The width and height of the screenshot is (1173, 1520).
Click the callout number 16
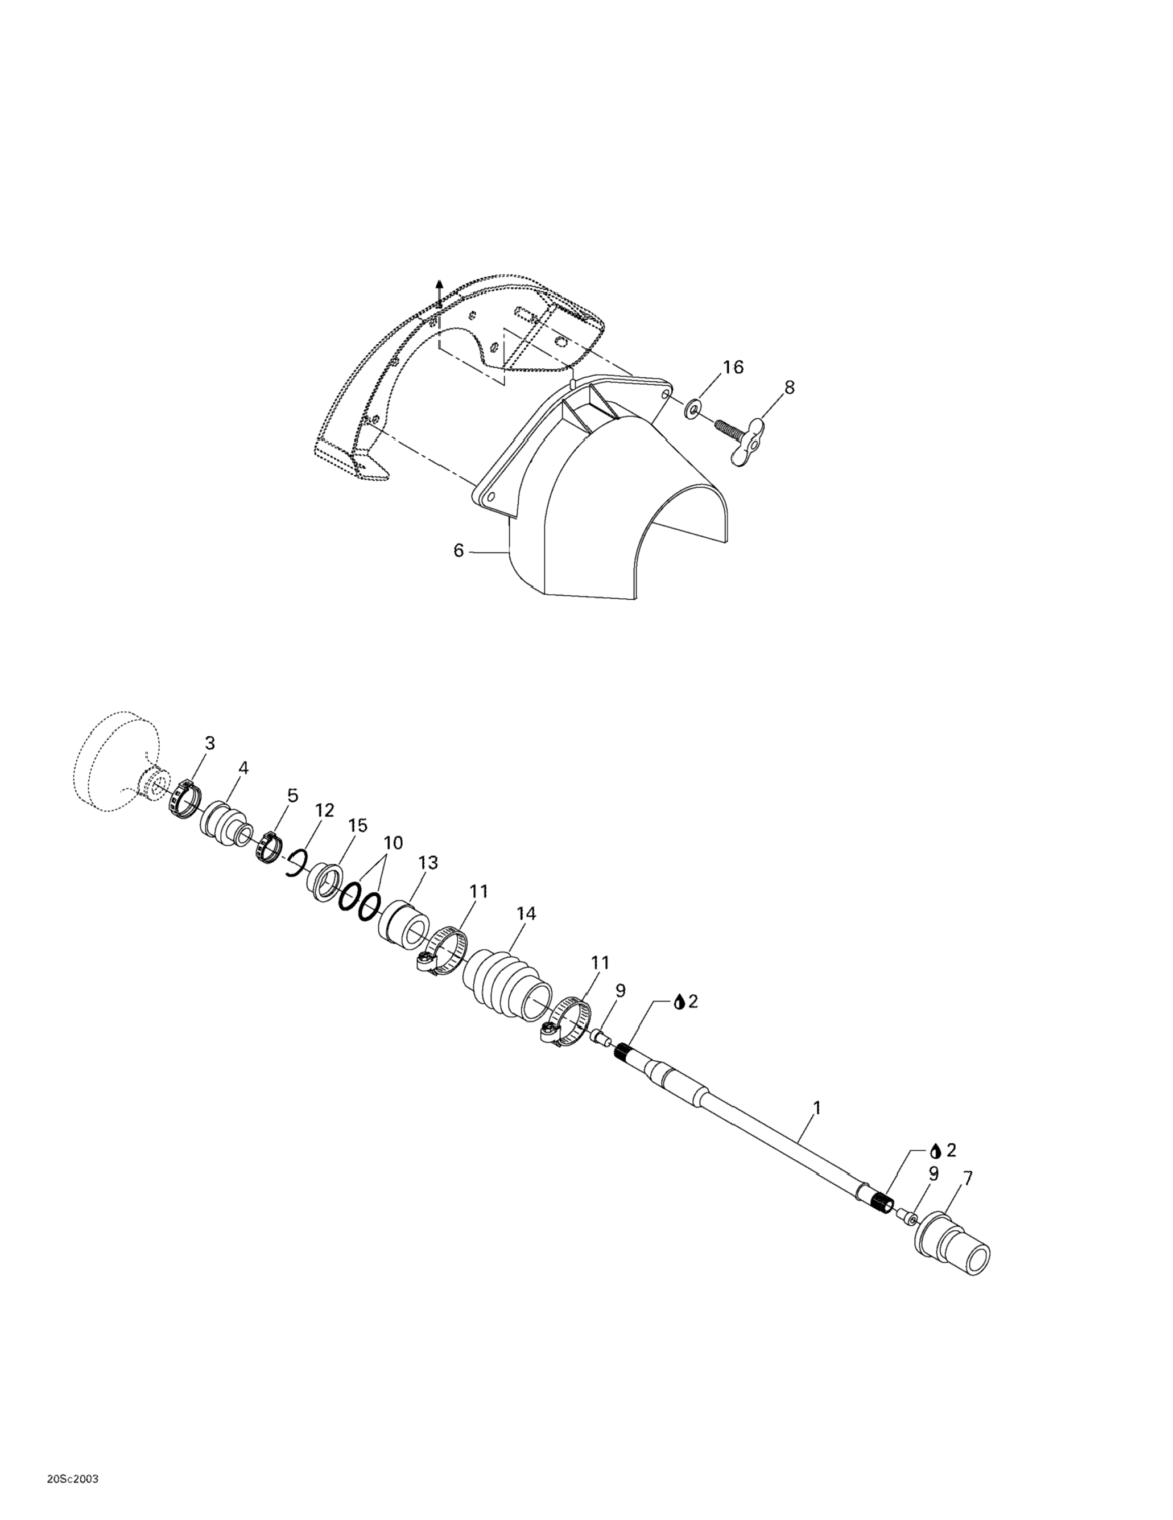click(x=733, y=367)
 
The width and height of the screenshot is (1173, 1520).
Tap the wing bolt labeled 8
click(x=737, y=436)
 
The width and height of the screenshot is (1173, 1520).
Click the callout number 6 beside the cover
click(x=459, y=550)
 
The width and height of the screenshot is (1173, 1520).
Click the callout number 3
click(x=209, y=743)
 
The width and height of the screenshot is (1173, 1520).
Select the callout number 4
click(x=243, y=768)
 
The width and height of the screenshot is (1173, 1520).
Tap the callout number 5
click(x=292, y=795)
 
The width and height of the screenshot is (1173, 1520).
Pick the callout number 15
click(x=358, y=826)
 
